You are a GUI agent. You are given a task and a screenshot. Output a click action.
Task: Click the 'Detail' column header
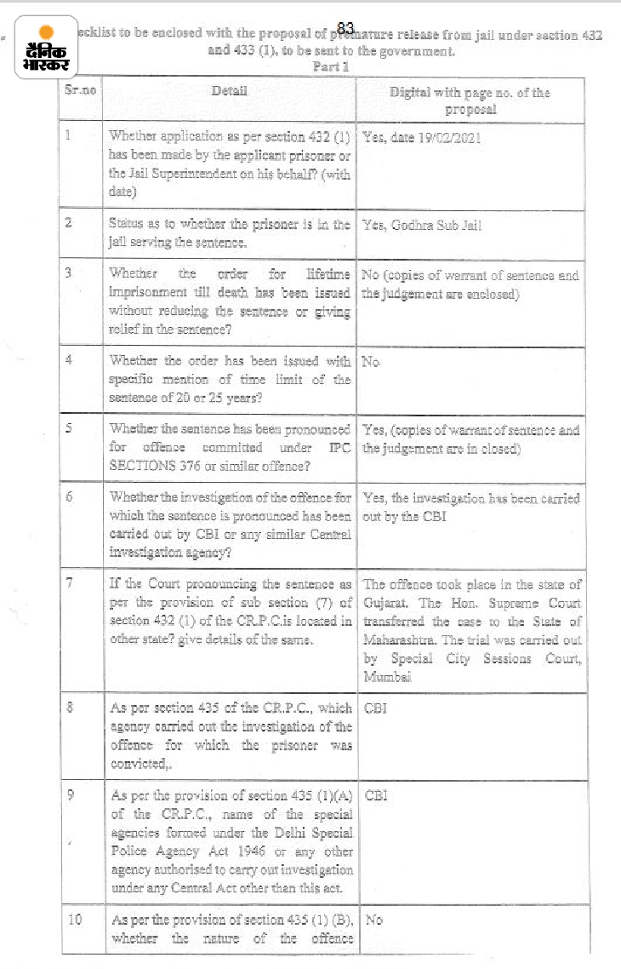pyautogui.click(x=230, y=90)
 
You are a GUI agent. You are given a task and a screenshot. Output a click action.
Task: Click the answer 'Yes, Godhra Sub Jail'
pyautogui.click(x=422, y=226)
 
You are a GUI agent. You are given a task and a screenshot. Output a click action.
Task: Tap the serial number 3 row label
pyautogui.click(x=69, y=274)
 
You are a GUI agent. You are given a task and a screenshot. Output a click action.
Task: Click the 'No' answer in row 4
pyautogui.click(x=371, y=361)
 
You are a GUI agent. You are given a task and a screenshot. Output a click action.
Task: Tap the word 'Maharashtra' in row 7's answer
pyautogui.click(x=398, y=639)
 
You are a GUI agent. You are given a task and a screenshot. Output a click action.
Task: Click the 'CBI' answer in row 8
pyautogui.click(x=375, y=708)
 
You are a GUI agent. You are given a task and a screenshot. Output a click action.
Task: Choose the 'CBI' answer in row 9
pyautogui.click(x=375, y=795)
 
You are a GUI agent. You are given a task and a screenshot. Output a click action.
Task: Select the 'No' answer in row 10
pyautogui.click(x=373, y=920)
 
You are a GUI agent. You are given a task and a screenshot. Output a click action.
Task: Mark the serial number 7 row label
pyautogui.click(x=70, y=585)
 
